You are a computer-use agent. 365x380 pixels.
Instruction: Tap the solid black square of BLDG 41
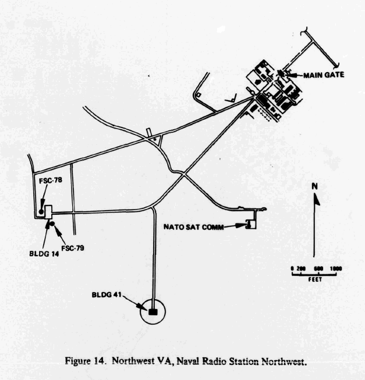pyautogui.click(x=153, y=312)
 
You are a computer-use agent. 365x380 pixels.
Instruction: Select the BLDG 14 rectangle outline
pyautogui.click(x=48, y=212)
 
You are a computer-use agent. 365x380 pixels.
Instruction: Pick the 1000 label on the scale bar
pyautogui.click(x=335, y=268)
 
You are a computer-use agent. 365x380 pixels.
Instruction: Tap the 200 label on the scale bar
pyautogui.click(x=301, y=268)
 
